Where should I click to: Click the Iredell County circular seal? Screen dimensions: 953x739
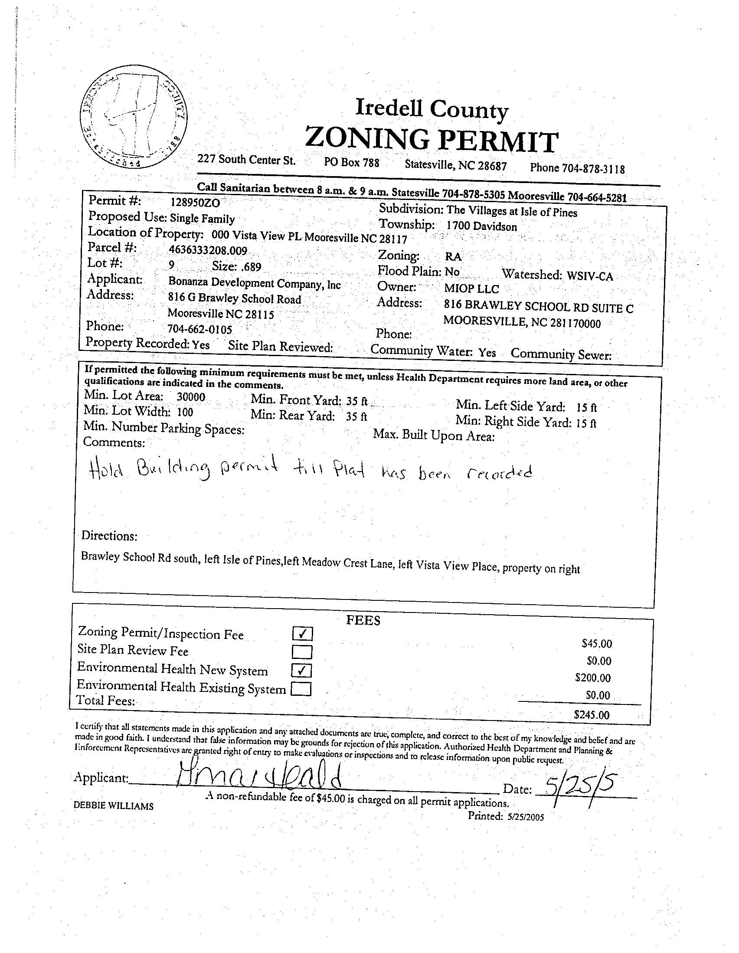134,117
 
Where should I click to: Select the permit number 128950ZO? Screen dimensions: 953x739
195,203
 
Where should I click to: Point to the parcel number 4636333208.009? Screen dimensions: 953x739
208,251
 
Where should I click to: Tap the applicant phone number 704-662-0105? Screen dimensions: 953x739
200,328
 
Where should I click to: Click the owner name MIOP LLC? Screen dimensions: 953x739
471,289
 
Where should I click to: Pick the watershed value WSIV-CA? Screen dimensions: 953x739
590,276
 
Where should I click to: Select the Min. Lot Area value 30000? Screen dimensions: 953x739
191,397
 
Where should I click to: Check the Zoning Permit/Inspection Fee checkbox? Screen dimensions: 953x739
302,633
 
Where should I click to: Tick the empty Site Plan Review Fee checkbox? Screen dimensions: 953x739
302,652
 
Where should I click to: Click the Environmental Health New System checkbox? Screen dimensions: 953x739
302,670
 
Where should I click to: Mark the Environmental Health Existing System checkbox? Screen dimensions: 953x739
301,689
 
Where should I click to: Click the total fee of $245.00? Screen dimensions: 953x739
592,714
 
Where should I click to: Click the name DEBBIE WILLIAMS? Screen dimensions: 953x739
114,806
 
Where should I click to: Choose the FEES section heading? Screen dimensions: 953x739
363,620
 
